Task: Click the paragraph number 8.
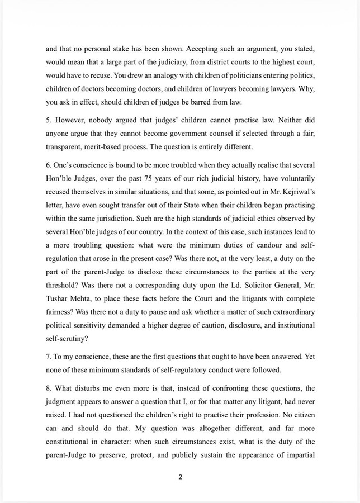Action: pos(48,388)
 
